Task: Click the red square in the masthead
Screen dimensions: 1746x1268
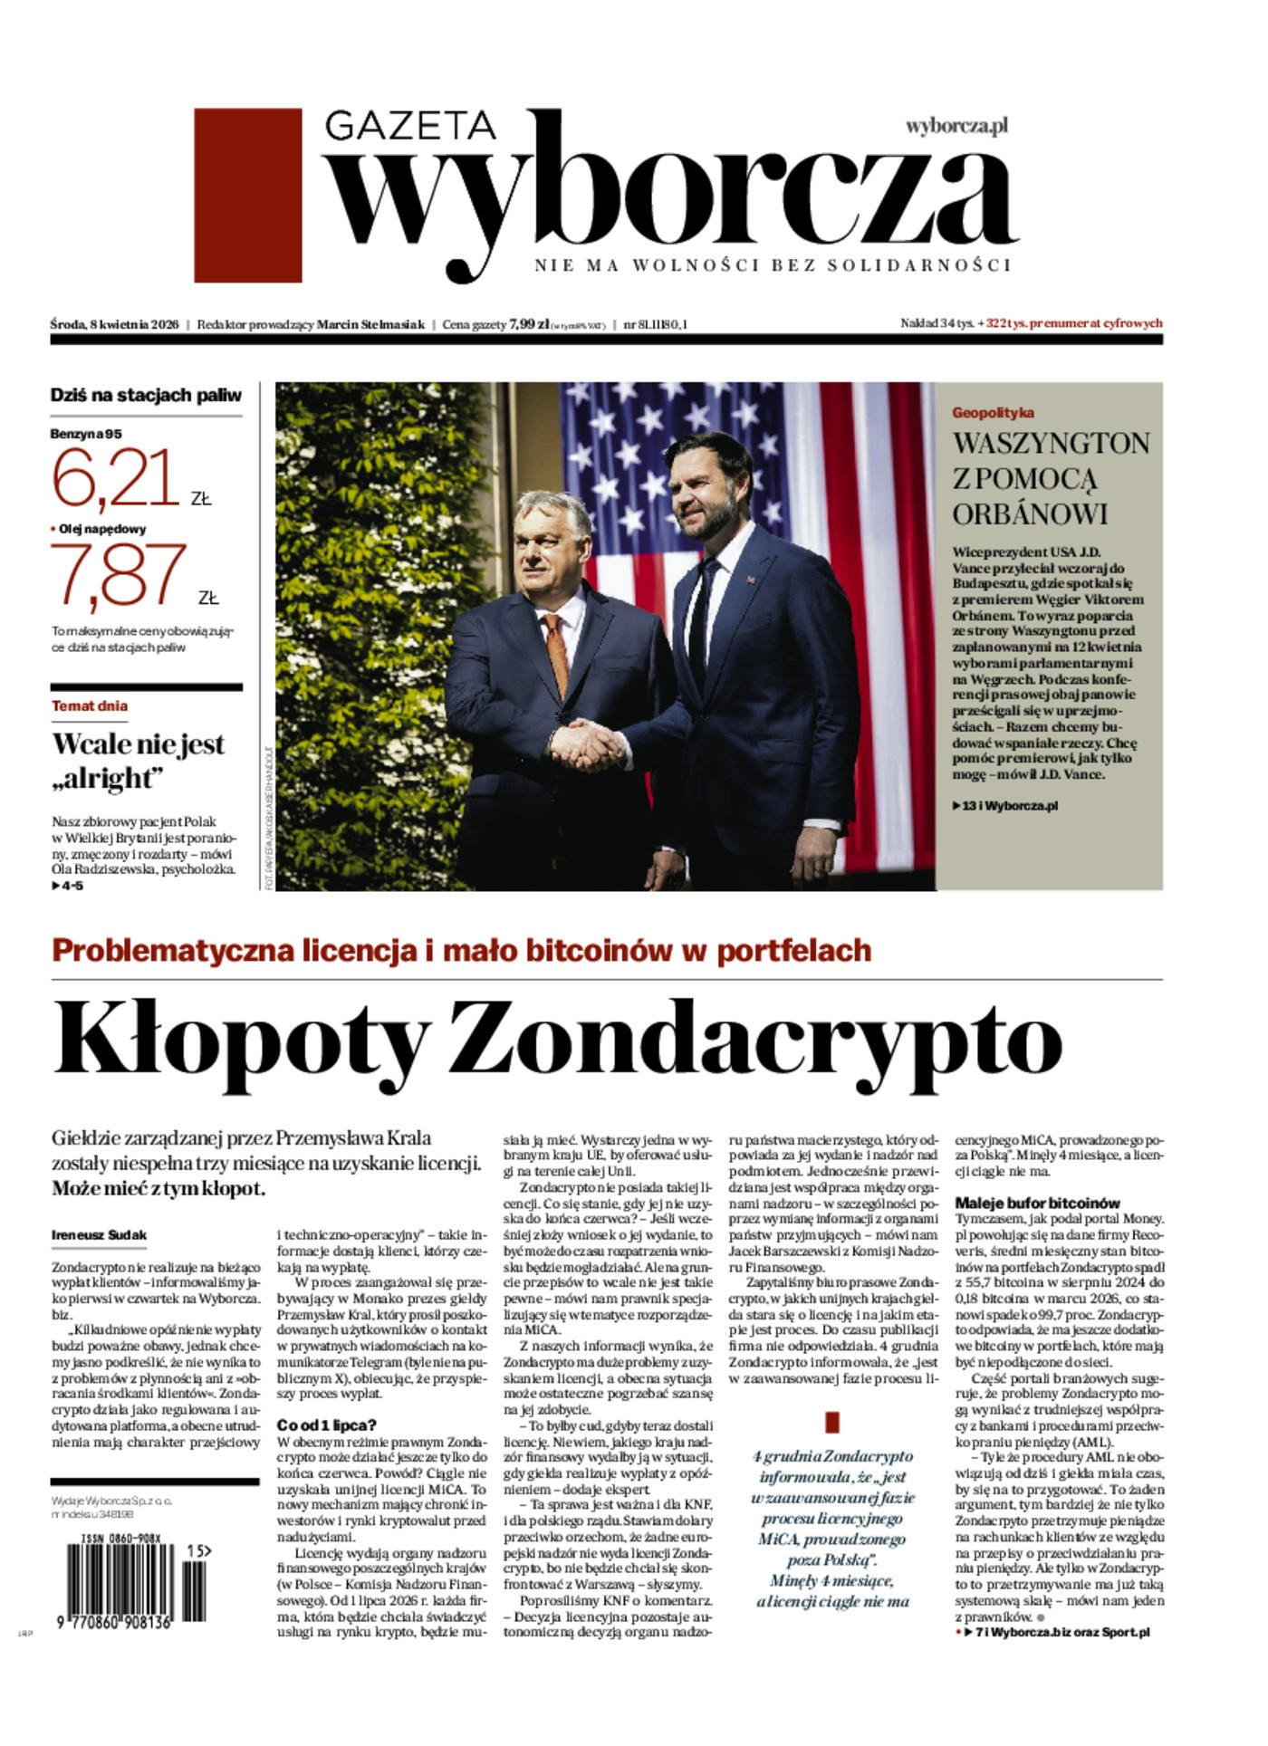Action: (x=247, y=195)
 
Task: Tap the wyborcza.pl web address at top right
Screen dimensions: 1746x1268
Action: (x=956, y=126)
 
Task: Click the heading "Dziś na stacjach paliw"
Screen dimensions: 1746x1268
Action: (x=146, y=395)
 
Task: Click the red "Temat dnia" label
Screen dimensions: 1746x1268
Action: (x=90, y=705)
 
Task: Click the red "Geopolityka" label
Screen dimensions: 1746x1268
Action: (x=992, y=413)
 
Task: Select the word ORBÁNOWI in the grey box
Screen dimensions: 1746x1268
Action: (x=1030, y=513)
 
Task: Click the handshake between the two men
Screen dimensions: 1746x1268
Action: (x=587, y=744)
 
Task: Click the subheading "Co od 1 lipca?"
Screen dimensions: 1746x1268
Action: (x=326, y=1425)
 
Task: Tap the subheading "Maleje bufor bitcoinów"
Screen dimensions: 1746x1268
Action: (x=1037, y=1203)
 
